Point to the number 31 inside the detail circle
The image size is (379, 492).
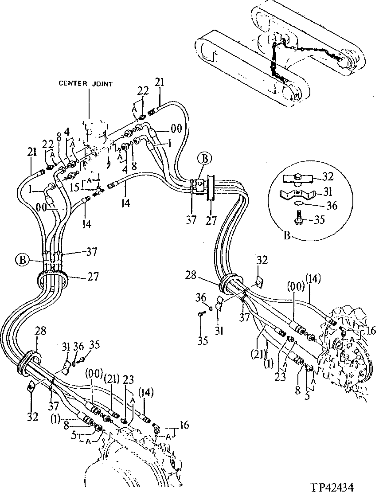tap(327, 191)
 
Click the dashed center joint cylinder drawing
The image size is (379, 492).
tap(96, 129)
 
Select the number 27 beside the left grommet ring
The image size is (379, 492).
tap(92, 277)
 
